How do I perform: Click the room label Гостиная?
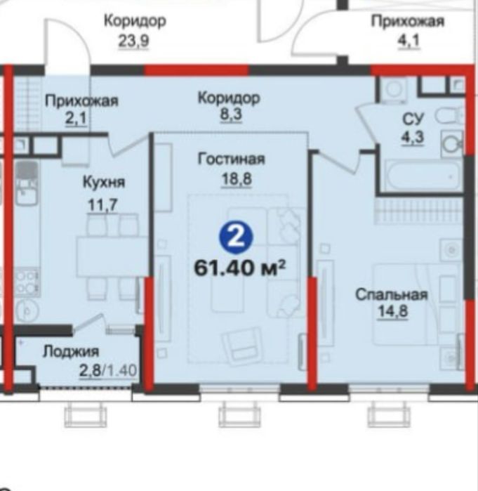tap(225, 159)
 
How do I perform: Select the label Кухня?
tap(103, 183)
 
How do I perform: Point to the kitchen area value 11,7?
tap(103, 206)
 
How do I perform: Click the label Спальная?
tap(391, 295)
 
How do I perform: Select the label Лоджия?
tap(70, 351)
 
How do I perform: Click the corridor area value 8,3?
tap(228, 115)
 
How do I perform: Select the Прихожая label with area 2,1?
tap(81, 101)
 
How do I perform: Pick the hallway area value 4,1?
tap(407, 40)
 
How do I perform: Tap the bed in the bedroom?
tap(414, 302)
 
